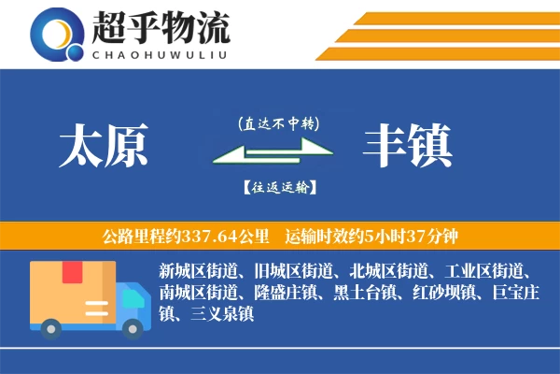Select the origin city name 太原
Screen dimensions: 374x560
click(x=104, y=148)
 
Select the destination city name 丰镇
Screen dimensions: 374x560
click(x=408, y=148)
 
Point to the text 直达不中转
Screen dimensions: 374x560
click(x=278, y=122)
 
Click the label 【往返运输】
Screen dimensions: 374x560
click(x=278, y=187)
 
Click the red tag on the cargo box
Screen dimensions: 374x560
click(x=72, y=273)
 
